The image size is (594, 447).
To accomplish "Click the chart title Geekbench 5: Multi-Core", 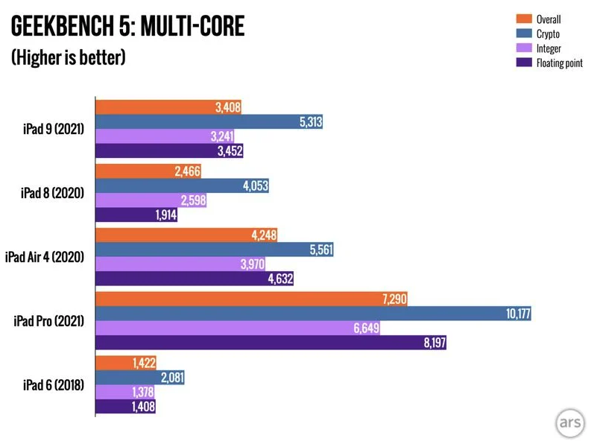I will tap(127, 28).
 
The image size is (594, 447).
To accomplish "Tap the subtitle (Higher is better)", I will tap(68, 57).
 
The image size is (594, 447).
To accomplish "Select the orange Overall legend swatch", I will tap(525, 19).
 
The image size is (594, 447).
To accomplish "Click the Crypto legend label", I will tap(549, 34).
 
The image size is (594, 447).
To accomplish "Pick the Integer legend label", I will tap(550, 48).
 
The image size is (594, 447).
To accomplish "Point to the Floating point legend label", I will tap(560, 63).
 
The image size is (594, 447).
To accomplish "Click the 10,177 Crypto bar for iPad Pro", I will tap(313, 314).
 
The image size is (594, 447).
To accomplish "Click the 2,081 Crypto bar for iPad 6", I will tap(140, 378).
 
